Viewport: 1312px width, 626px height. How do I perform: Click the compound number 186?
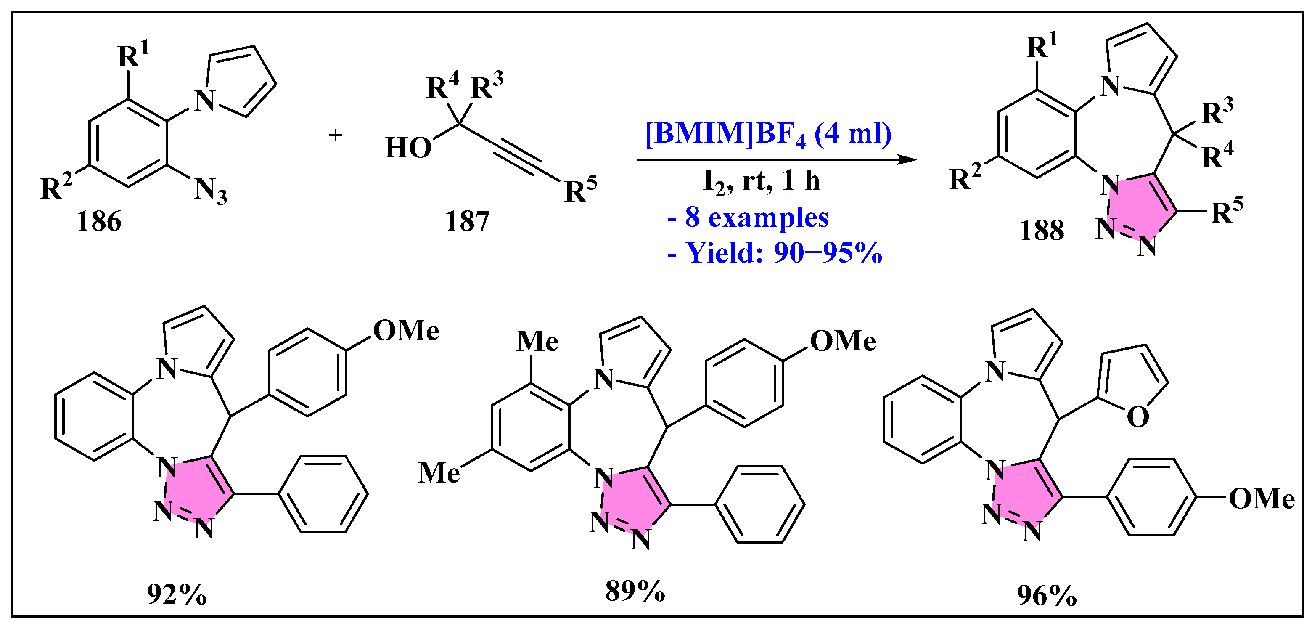99,222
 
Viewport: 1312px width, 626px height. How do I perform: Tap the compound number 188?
1041,231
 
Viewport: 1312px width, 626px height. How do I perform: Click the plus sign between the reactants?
335,135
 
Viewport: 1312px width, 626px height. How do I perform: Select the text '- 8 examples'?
748,218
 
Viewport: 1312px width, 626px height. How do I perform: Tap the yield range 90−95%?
827,253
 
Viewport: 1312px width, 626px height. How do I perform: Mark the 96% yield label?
1047,595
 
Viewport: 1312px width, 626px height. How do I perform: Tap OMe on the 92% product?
406,331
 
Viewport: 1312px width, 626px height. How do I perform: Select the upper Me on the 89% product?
537,341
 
